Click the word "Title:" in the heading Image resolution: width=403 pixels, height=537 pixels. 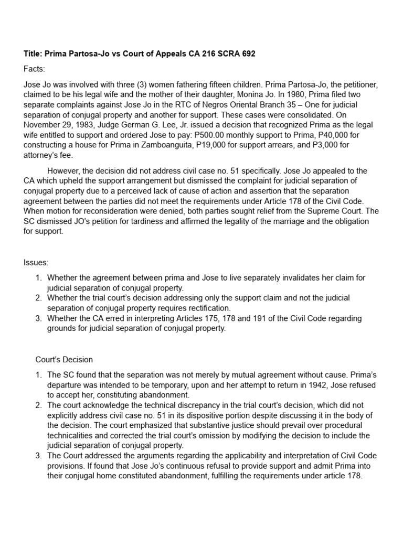point(34,55)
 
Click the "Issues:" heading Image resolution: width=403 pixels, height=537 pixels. point(36,262)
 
